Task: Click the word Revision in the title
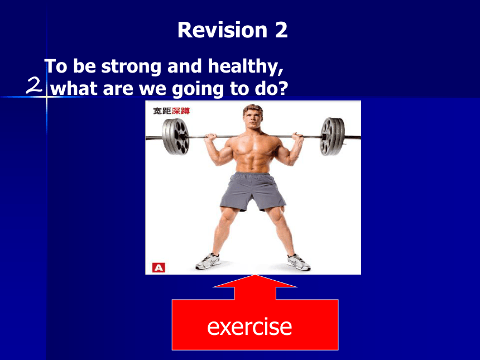(x=223, y=30)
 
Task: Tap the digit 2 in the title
(x=281, y=30)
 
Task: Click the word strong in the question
(x=131, y=67)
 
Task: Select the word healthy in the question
(x=246, y=67)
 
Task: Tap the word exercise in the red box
(x=249, y=327)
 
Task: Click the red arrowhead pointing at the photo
(x=255, y=281)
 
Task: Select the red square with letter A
(x=159, y=267)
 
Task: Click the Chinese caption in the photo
(x=171, y=111)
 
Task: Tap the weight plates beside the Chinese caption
(x=176, y=137)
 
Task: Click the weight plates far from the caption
(x=333, y=136)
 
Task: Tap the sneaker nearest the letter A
(x=208, y=261)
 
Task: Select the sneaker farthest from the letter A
(x=299, y=262)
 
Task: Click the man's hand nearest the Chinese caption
(x=210, y=137)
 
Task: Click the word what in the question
(x=75, y=89)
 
